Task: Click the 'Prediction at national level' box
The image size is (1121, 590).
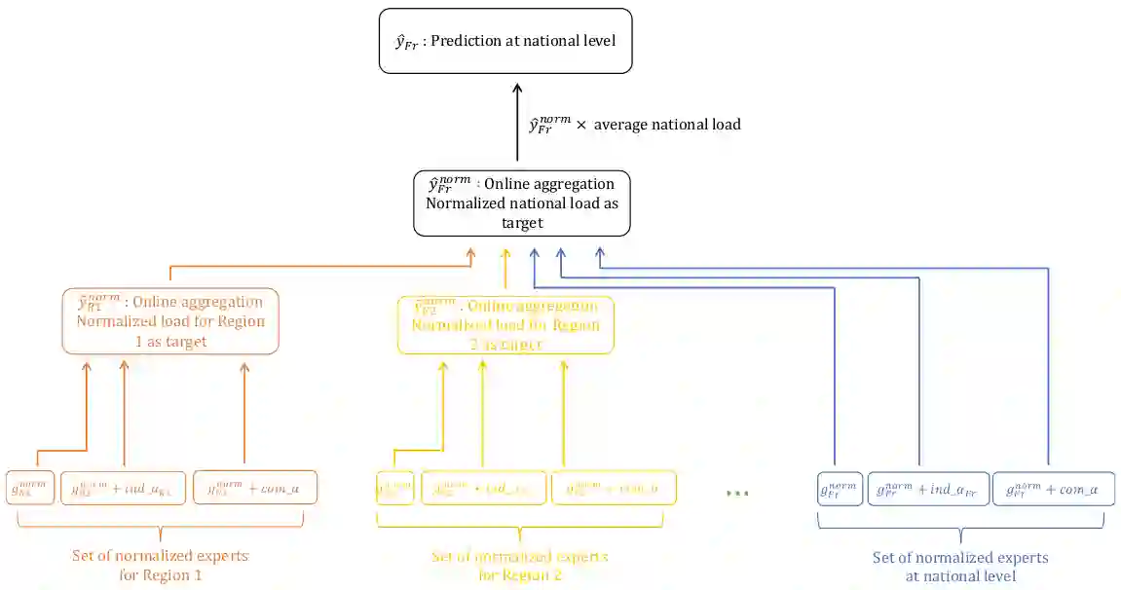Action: (505, 41)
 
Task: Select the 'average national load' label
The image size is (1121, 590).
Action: (667, 125)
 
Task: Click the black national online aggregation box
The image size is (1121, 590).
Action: (521, 203)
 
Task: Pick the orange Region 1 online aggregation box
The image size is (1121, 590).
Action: (170, 320)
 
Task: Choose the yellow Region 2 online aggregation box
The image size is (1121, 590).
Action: (505, 325)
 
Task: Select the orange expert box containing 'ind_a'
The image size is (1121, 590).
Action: (123, 487)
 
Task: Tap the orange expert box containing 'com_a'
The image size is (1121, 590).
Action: (254, 487)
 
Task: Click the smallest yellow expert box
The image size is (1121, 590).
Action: (394, 488)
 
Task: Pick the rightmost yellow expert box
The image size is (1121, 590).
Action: (614, 488)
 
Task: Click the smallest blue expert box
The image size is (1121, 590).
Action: (840, 488)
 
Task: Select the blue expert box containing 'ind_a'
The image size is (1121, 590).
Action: (928, 488)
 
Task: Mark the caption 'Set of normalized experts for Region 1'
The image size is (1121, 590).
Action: (160, 566)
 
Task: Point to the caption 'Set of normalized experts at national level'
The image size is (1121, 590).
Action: (960, 568)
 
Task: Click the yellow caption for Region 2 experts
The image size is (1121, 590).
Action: (519, 566)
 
